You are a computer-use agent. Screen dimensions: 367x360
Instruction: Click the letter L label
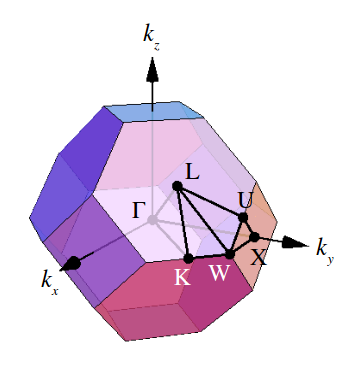point(193,171)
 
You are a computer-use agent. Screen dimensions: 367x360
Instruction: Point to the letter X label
point(258,256)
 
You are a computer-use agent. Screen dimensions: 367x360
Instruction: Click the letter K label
point(182,277)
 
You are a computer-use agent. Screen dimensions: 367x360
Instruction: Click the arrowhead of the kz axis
point(151,72)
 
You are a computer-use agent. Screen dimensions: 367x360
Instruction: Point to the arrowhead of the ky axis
point(295,242)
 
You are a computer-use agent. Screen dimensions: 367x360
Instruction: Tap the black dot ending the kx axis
point(72,263)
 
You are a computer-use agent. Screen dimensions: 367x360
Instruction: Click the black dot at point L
point(176,186)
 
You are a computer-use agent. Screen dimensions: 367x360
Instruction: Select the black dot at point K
point(189,259)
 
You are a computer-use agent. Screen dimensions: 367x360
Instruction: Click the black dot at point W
point(229,255)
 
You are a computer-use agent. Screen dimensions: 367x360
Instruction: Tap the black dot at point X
point(254,237)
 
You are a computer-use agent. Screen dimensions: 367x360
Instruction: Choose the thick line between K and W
point(209,257)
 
